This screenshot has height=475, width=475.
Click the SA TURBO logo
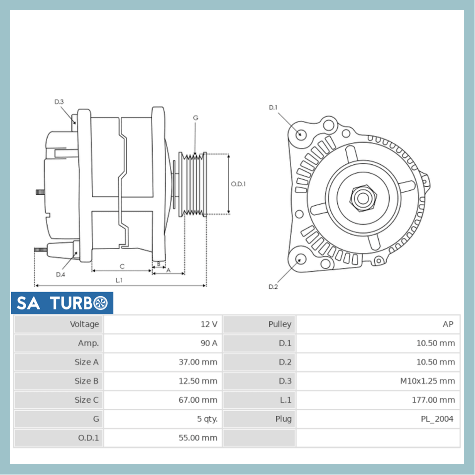[x=62, y=303]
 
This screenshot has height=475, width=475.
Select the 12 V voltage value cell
[x=208, y=324]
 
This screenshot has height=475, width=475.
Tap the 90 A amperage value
[x=208, y=343]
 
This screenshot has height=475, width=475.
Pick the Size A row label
[x=86, y=362]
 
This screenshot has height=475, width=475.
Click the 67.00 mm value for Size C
[x=198, y=400]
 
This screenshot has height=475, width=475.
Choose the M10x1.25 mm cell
[x=427, y=381]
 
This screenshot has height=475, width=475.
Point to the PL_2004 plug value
[x=437, y=419]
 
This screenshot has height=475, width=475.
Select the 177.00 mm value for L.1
[x=433, y=400]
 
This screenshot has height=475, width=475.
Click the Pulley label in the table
[x=279, y=324]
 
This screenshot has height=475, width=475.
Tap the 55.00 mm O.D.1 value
[x=198, y=438]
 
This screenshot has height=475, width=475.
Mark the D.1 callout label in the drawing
[x=273, y=107]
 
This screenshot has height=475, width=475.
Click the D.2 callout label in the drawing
[x=273, y=287]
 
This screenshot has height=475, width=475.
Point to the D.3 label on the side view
[x=59, y=102]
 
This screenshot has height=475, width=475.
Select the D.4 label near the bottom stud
[x=60, y=274]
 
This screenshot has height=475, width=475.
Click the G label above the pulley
[x=196, y=118]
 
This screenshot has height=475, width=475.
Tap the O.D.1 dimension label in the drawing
[x=238, y=184]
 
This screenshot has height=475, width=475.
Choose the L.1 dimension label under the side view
[x=119, y=280]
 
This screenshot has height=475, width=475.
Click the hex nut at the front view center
[x=362, y=198]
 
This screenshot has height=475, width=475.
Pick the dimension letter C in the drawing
[x=122, y=266]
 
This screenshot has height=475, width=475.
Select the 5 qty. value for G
[x=207, y=419]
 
